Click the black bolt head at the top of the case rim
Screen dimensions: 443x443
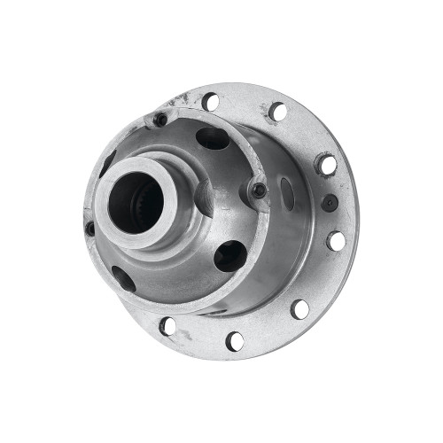point(159,119)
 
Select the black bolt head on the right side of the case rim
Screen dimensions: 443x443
point(257,189)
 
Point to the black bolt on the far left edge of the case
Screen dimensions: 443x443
point(90,228)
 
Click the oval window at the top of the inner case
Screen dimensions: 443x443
point(213,138)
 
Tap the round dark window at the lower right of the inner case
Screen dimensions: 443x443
point(229,255)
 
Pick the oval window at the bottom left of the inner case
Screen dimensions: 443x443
point(124,278)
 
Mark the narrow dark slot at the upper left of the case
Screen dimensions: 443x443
point(107,163)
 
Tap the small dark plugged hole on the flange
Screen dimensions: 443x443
point(330,202)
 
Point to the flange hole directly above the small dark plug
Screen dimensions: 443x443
point(326,165)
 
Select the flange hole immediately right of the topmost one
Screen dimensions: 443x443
point(277,112)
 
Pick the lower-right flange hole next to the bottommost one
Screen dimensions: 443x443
point(300,309)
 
